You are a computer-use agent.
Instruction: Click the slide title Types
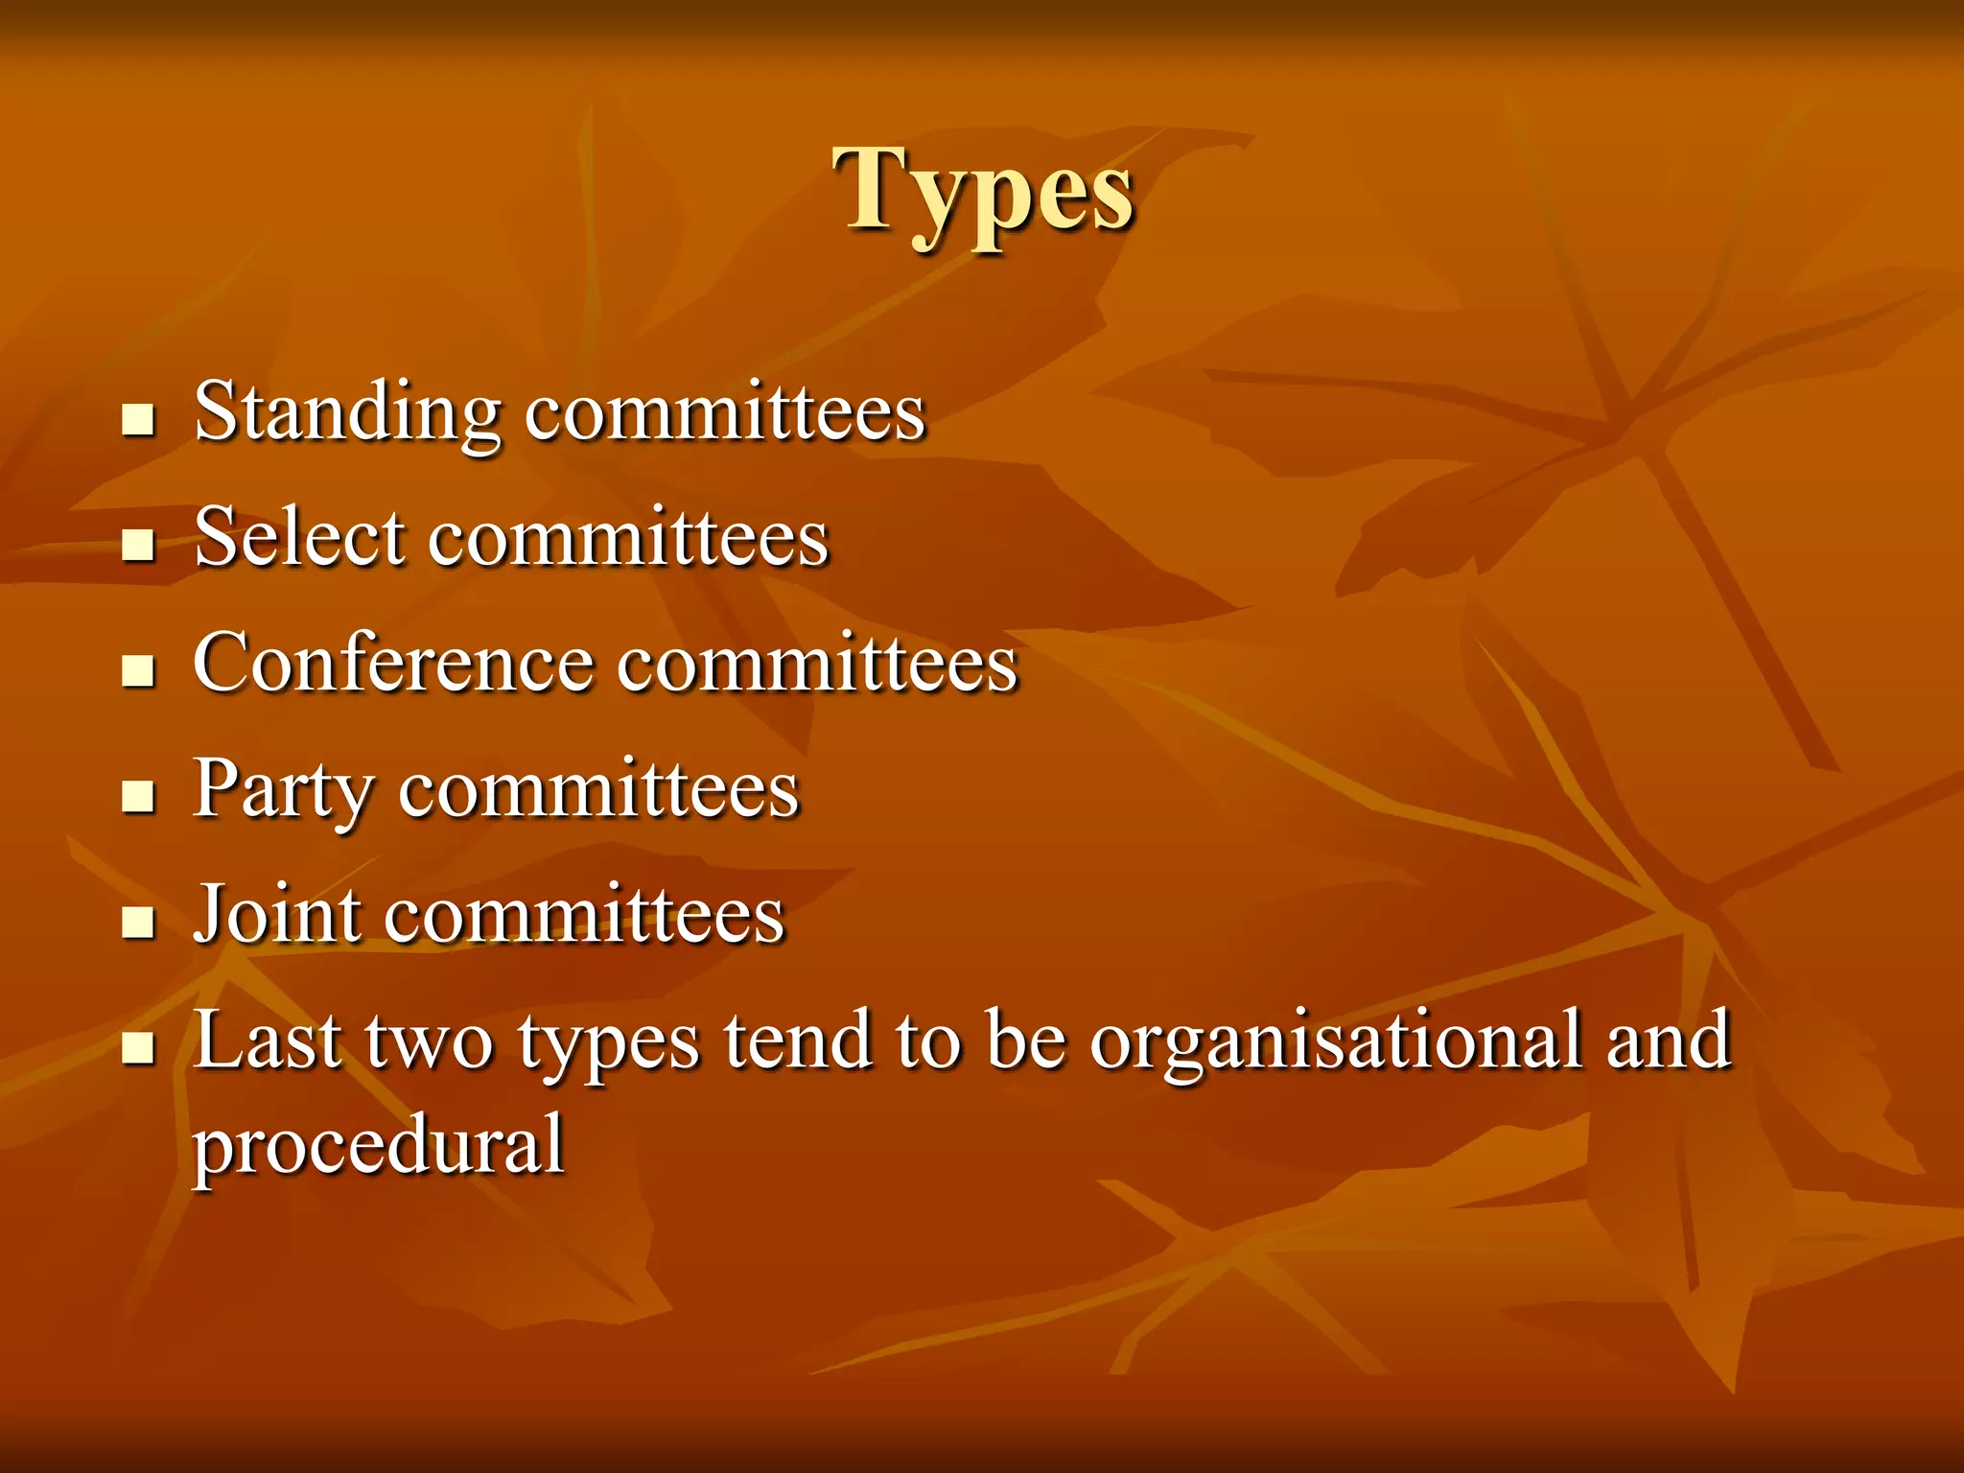point(984,192)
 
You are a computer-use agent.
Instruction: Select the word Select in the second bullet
point(299,537)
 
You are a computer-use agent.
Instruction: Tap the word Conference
point(393,664)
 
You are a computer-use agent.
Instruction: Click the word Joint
point(278,915)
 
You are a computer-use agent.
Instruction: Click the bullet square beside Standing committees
point(139,420)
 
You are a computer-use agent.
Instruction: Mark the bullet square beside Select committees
point(139,545)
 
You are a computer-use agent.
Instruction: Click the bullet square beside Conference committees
point(139,671)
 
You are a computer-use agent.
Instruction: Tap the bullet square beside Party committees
point(139,796)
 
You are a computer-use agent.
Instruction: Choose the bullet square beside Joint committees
point(139,923)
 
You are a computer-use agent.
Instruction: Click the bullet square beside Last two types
point(139,1048)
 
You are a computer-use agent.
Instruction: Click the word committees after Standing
point(725,412)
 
